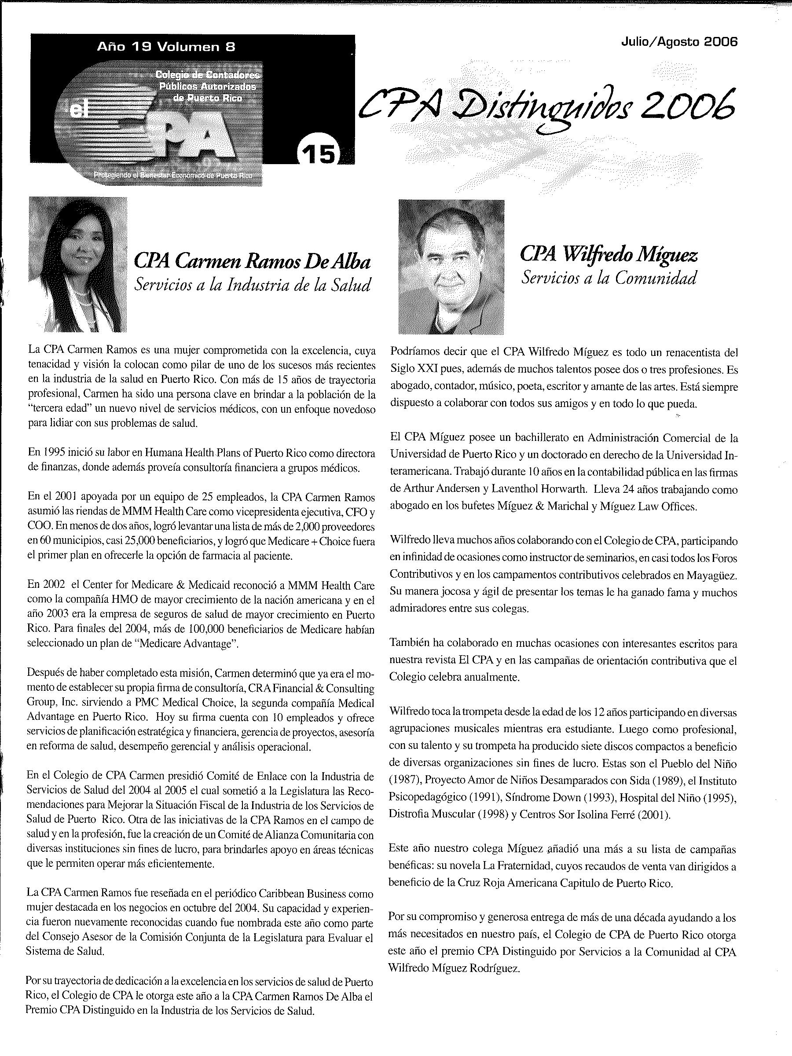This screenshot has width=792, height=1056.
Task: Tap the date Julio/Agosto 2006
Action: (679, 42)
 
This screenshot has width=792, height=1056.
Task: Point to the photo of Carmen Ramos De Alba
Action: (78, 264)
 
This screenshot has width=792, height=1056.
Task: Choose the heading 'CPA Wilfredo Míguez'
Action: (608, 254)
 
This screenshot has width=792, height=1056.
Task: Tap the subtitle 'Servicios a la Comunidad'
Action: (609, 278)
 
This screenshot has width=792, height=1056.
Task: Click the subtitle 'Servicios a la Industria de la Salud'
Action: (252, 285)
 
